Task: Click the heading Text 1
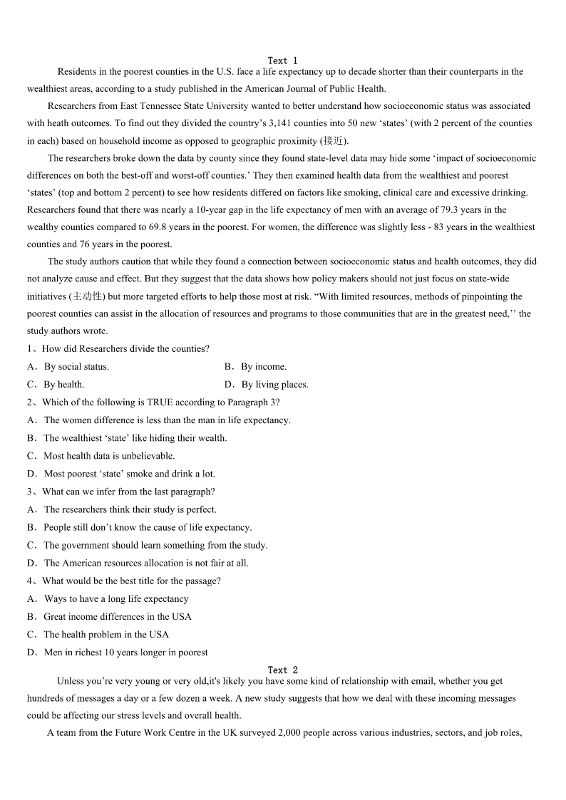(283, 61)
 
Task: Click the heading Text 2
(283, 670)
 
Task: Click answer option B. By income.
(255, 367)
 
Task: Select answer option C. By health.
(56, 385)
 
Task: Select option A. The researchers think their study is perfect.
(122, 509)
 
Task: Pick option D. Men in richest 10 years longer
(118, 653)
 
